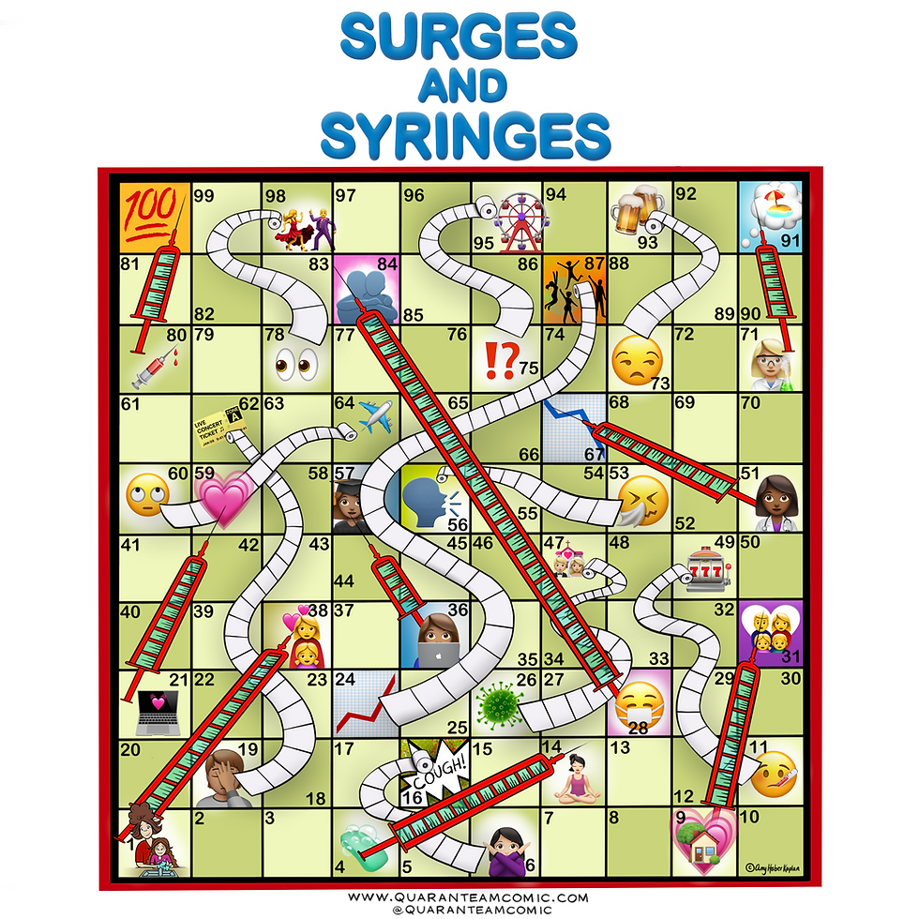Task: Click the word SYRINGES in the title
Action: click(x=464, y=138)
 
